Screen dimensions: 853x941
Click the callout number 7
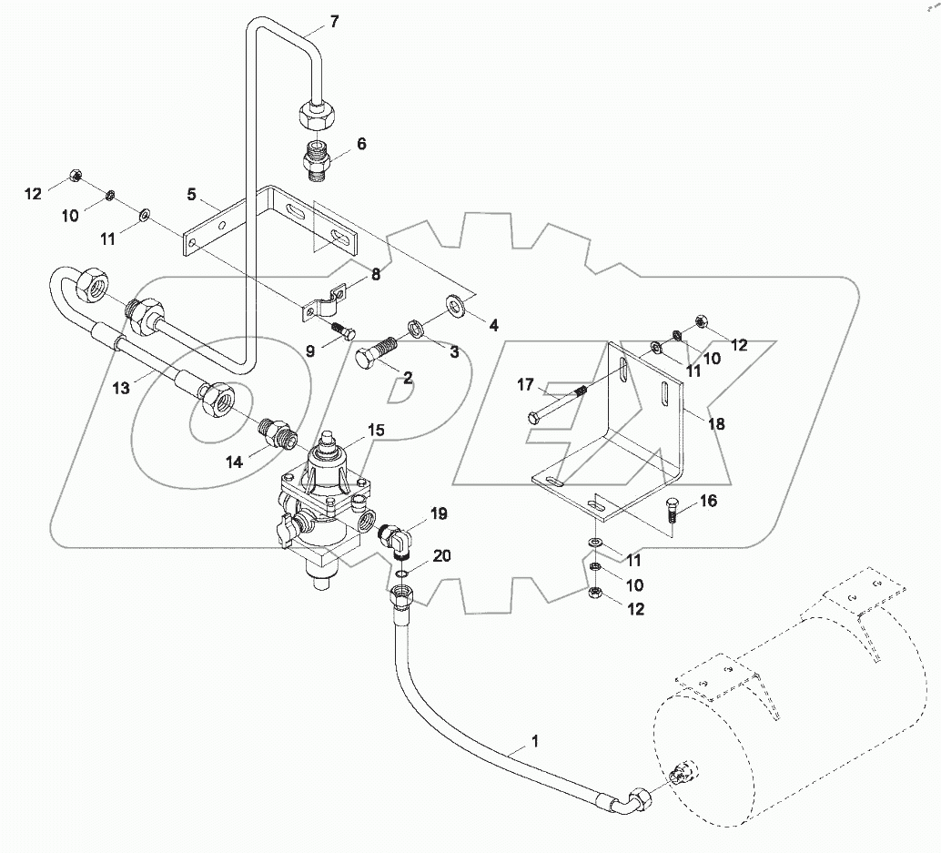[334, 22]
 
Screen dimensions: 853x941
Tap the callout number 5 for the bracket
[192, 194]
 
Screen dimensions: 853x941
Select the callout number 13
[121, 388]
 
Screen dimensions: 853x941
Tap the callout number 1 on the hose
[535, 741]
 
